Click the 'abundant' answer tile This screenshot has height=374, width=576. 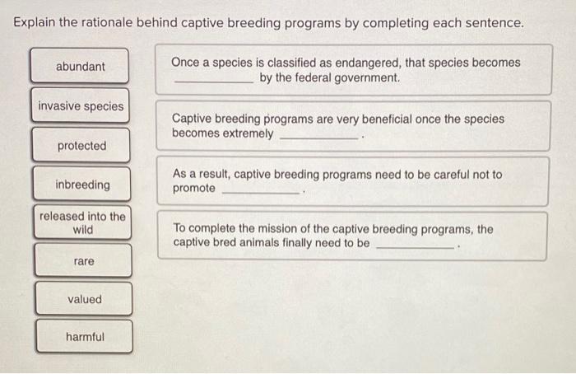pos(80,66)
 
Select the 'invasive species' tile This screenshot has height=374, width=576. pos(81,106)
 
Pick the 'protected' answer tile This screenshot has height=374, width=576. pos(81,146)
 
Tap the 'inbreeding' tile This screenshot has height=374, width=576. pos(81,185)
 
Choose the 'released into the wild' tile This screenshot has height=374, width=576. pos(82,223)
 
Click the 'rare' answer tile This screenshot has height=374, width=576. pos(83,261)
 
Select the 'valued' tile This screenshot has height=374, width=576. pos(84,299)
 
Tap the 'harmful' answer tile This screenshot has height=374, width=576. pos(85,337)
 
